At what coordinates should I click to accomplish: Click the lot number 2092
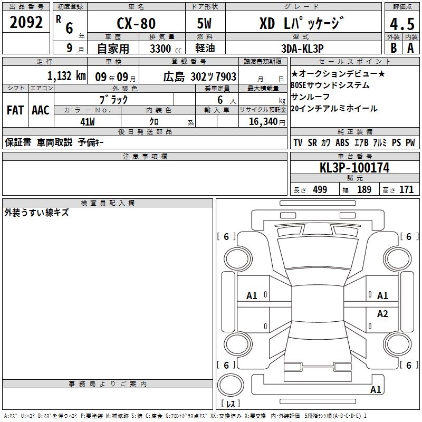pyautogui.click(x=26, y=22)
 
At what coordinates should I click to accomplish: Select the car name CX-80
pyautogui.click(x=136, y=23)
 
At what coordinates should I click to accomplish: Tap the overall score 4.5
pyautogui.click(x=402, y=24)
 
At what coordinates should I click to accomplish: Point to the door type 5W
pyautogui.click(x=205, y=23)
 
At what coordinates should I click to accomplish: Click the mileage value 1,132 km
pyautogui.click(x=66, y=76)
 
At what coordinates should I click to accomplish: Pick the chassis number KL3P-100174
pyautogui.click(x=354, y=168)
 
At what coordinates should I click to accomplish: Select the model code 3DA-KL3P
pyautogui.click(x=302, y=49)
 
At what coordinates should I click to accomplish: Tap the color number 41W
pyautogui.click(x=88, y=122)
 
